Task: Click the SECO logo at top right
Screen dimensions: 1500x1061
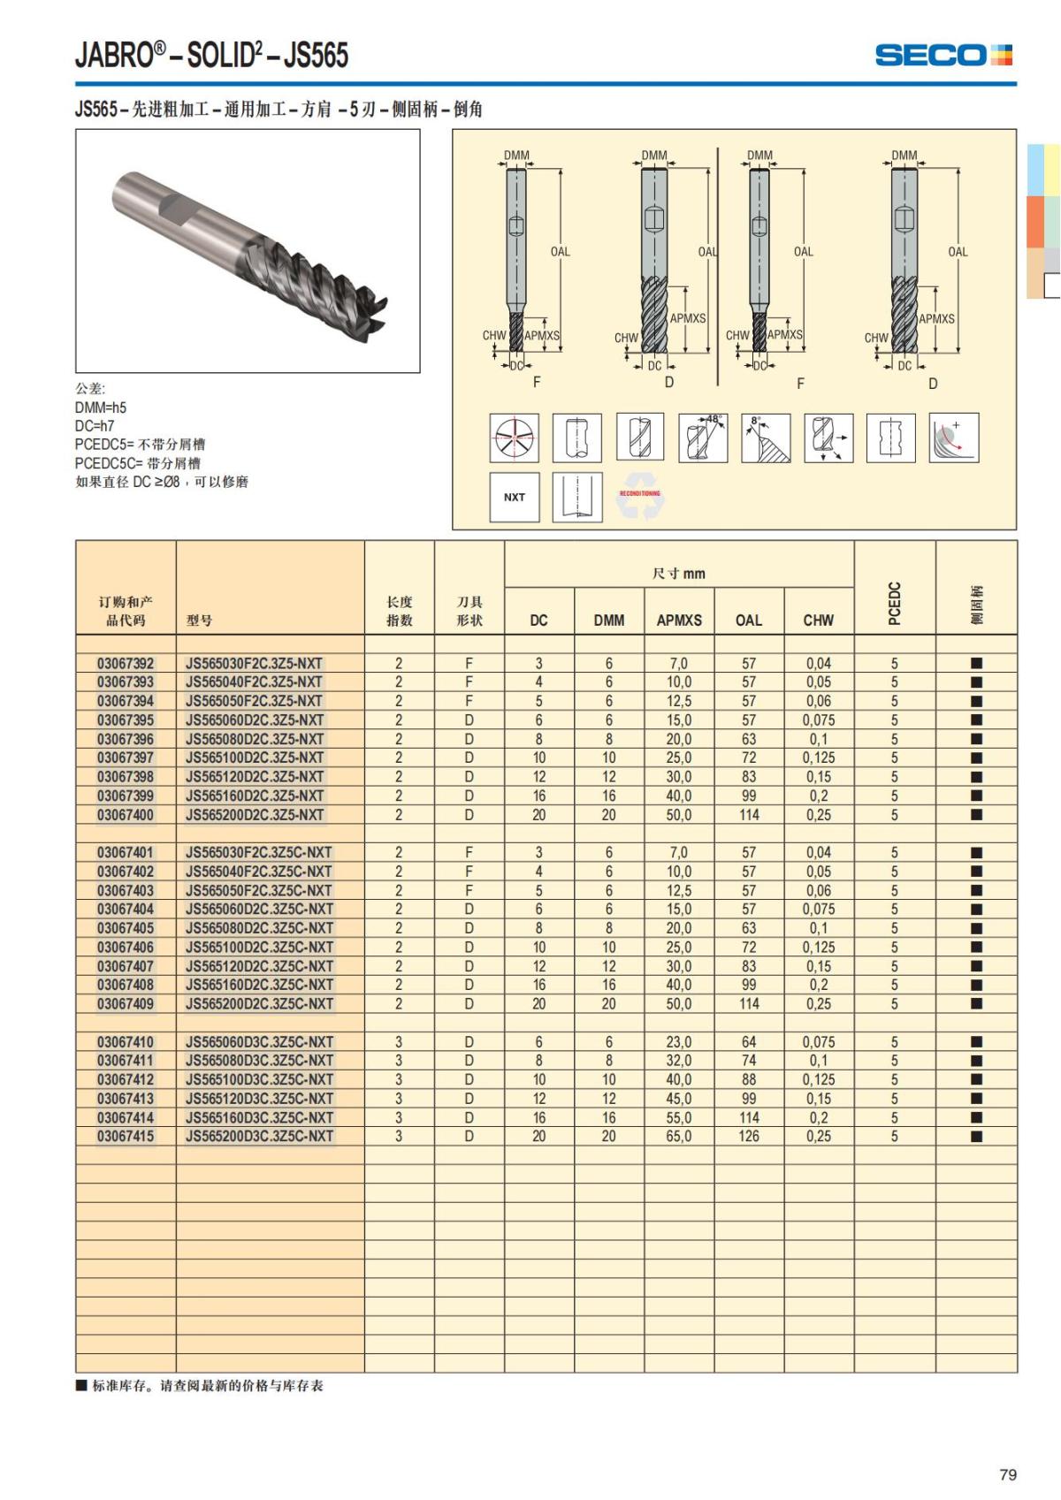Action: (x=943, y=55)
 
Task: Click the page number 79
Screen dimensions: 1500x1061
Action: (x=1007, y=1474)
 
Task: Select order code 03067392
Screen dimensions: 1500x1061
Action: (x=125, y=663)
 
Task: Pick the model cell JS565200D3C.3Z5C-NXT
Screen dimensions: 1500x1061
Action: (x=259, y=1136)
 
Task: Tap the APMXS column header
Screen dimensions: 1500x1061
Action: (x=678, y=621)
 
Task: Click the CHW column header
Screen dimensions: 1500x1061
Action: (x=818, y=621)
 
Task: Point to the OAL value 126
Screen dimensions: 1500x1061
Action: (x=748, y=1136)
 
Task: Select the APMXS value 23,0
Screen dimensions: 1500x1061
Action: (x=678, y=1041)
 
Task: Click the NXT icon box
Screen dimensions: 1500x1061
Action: (x=514, y=497)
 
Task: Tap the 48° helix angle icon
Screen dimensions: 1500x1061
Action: (x=703, y=438)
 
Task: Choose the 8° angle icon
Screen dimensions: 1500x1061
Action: (x=766, y=438)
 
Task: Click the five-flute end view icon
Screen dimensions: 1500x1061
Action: (x=515, y=438)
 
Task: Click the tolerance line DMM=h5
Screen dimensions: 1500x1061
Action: (x=101, y=407)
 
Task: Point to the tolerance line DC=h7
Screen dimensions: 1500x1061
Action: (x=95, y=426)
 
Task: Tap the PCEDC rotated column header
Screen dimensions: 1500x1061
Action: (x=894, y=603)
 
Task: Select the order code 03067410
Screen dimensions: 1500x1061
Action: (x=125, y=1041)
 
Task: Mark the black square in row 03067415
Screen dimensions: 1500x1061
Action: (x=976, y=1136)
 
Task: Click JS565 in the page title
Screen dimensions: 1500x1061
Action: (x=316, y=55)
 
